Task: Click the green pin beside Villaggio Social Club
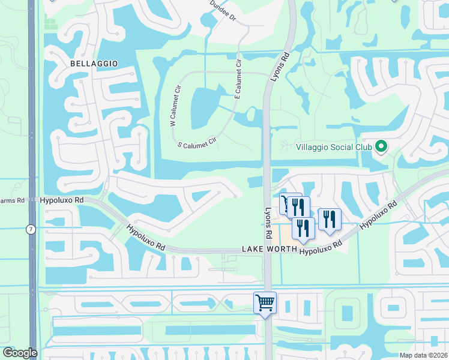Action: point(380,146)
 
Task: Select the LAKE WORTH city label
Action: point(269,248)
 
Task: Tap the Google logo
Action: point(20,353)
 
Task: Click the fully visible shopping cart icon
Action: point(265,302)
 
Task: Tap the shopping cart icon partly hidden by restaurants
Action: point(283,202)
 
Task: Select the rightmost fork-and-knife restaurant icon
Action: point(329,219)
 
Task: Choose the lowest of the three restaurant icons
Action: point(303,228)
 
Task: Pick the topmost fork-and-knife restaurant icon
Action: point(298,208)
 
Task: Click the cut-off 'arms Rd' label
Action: point(11,200)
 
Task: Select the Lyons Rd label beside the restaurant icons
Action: point(269,221)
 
